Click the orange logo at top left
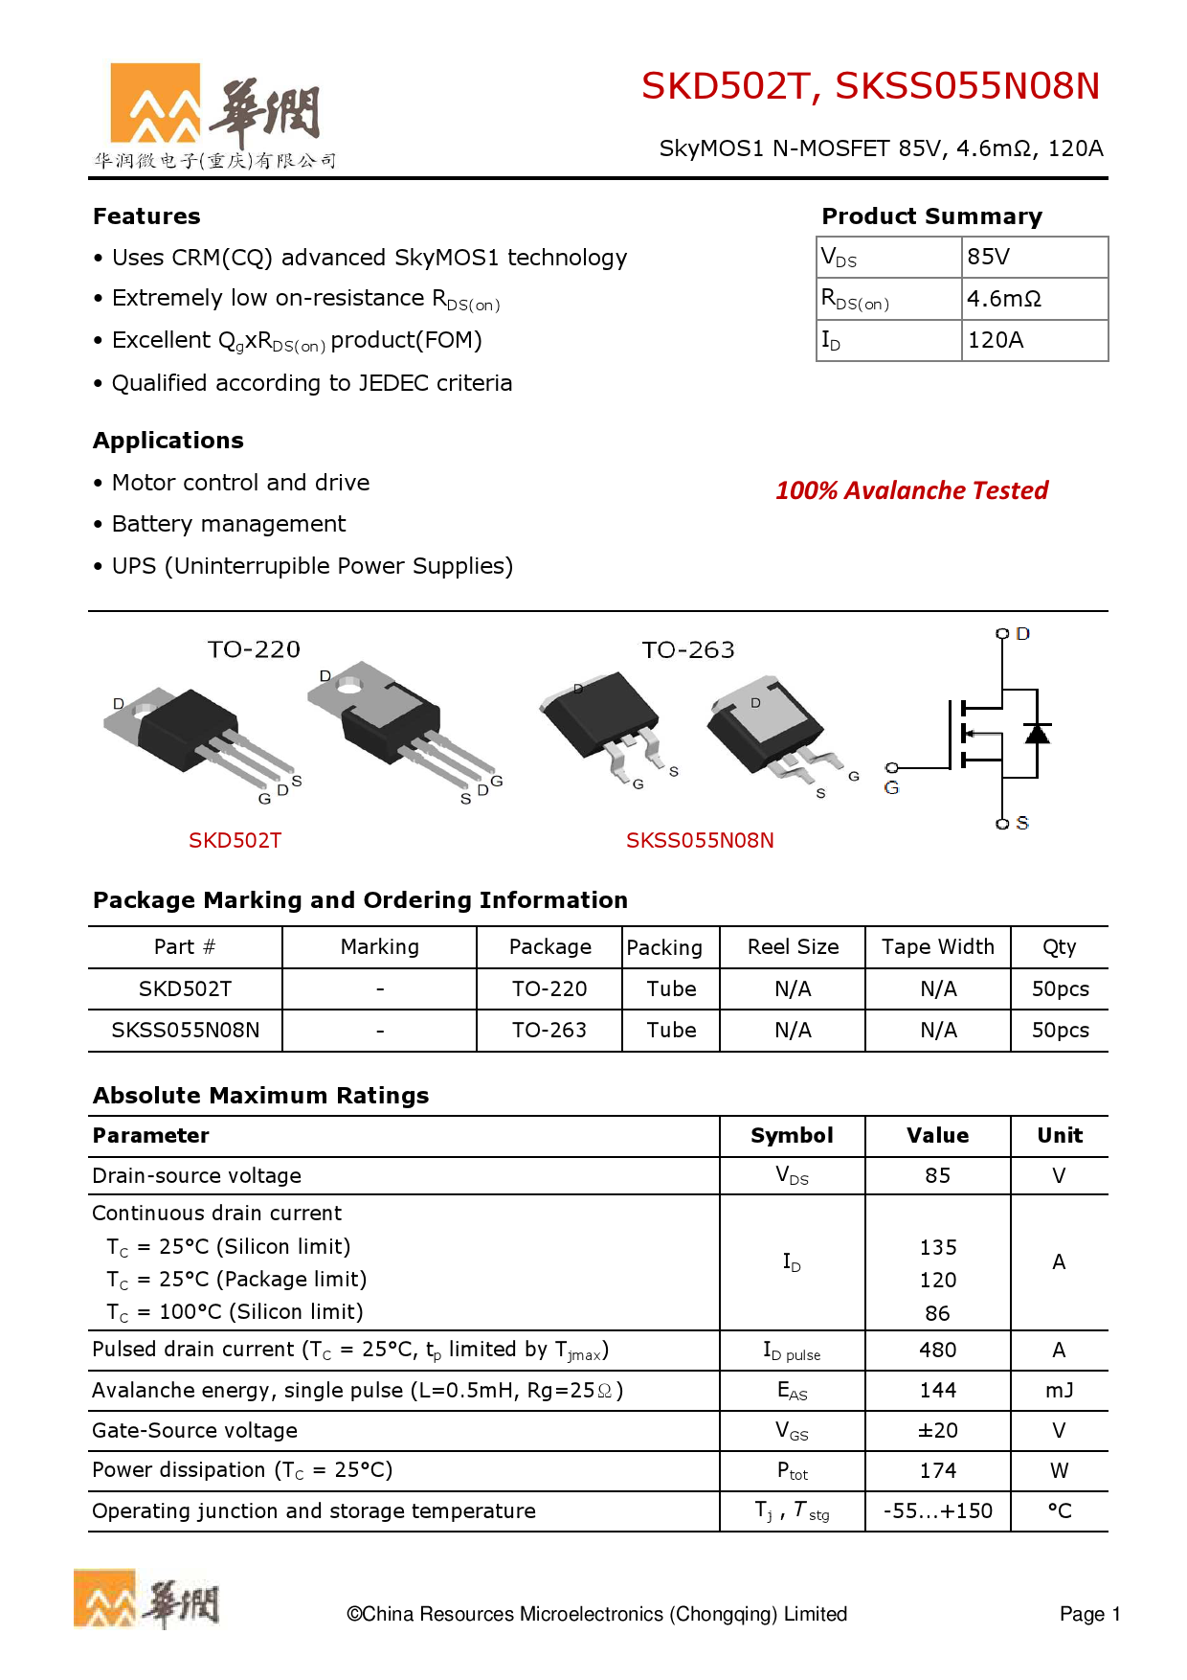pos(155,102)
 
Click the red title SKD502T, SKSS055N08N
pos(869,86)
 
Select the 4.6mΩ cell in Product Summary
pos(1003,299)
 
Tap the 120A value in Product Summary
pos(996,340)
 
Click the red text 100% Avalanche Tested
pos(911,490)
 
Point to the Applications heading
pos(168,441)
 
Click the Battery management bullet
pos(228,524)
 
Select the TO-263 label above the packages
pos(687,650)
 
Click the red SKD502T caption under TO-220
pos(235,840)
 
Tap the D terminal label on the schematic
pos(1022,634)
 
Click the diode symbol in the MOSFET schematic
pos(1037,734)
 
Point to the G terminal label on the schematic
pos(891,788)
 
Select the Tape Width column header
pos(937,947)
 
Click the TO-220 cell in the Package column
pos(549,988)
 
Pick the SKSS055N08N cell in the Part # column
pos(185,1031)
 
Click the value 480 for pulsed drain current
pos(937,1351)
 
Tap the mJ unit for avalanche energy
pos(1059,1391)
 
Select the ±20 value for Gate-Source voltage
pos(937,1431)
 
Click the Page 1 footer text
pos(1089,1615)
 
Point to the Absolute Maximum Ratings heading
pos(260,1096)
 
